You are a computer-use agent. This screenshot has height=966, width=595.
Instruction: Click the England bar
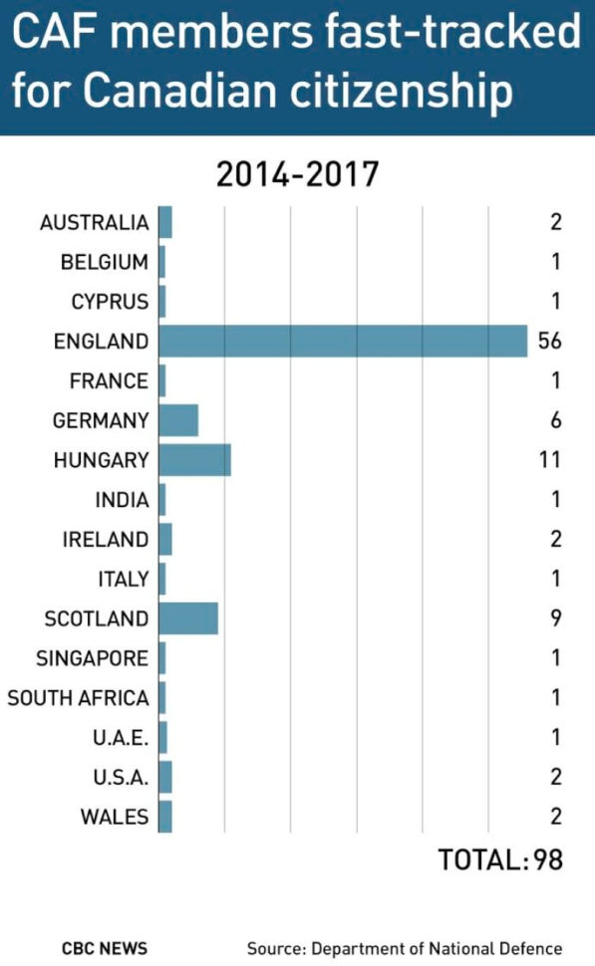pos(343,341)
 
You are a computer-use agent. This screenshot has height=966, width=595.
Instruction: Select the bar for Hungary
pos(194,460)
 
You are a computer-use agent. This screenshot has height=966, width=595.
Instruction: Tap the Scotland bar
pos(188,618)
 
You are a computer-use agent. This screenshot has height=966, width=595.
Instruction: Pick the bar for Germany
pos(178,420)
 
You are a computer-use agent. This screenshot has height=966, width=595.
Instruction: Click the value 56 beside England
pos(549,341)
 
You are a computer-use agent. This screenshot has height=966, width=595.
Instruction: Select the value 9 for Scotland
pos(555,618)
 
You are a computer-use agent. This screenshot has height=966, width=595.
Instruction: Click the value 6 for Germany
pos(555,420)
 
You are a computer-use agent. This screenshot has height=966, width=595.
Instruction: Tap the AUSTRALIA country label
pos(95,222)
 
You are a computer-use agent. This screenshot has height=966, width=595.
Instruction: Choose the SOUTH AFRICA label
pos(79,698)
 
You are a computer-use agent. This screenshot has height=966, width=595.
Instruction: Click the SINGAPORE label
pos(93,658)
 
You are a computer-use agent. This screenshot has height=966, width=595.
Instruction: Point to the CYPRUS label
pos(110,301)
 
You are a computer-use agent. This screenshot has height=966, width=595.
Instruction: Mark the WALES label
pos(115,818)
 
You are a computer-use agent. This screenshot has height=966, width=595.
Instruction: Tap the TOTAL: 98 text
pos(500,859)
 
